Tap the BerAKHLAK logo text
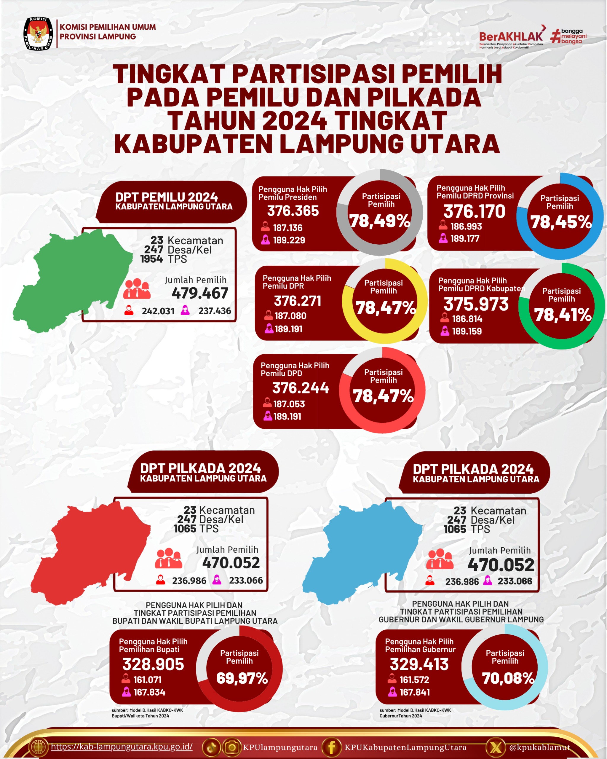tap(511, 36)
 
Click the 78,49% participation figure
tap(380, 221)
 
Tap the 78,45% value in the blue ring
tap(561, 222)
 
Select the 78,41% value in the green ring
tap(562, 315)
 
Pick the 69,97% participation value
tap(242, 678)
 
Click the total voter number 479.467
tap(200, 293)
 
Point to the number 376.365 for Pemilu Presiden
tap(293, 211)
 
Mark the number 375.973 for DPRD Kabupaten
tap(476, 304)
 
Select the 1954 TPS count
tap(152, 259)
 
